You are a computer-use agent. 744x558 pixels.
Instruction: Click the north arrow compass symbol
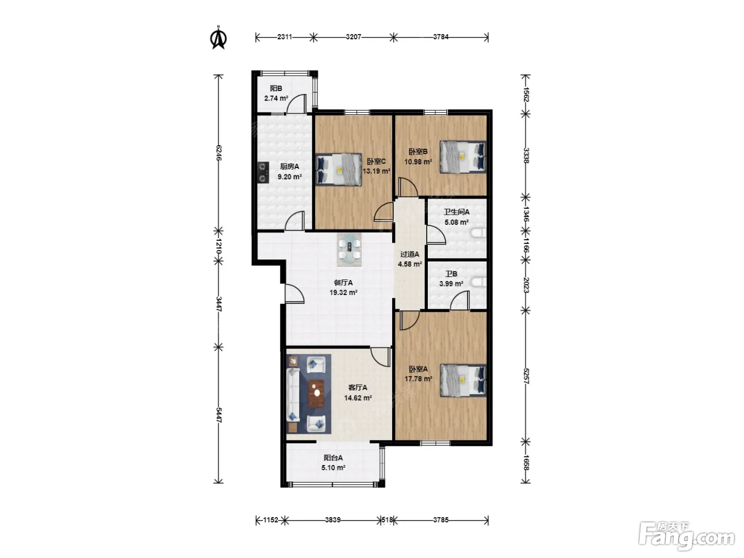218,38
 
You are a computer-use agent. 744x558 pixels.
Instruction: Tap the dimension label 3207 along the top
353,37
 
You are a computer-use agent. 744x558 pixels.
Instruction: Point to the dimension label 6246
218,153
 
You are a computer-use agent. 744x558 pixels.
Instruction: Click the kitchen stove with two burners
264,172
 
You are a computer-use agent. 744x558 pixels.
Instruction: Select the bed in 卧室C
339,170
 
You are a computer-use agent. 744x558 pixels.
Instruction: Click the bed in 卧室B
463,157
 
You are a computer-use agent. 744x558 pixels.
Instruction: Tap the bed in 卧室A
463,381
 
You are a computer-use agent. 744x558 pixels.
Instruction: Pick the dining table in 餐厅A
349,249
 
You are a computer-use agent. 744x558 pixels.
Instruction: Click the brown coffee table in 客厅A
316,393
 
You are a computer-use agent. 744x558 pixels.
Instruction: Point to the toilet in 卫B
479,282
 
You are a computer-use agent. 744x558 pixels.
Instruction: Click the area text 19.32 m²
343,292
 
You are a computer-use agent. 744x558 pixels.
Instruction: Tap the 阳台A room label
333,458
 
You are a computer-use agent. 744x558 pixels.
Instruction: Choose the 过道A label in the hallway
410,254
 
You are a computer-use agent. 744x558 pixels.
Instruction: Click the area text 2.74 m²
276,98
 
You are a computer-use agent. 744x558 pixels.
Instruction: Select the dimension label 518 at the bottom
387,520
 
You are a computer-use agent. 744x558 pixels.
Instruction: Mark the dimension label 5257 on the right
526,376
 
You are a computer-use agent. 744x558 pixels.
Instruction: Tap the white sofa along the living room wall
293,395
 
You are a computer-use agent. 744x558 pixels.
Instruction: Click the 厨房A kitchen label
290,166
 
